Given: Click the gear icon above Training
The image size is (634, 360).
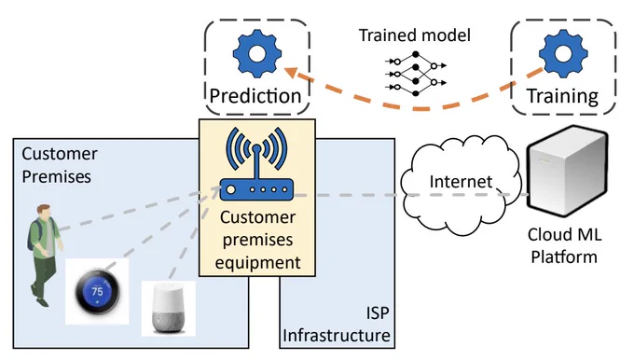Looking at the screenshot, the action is click(563, 54).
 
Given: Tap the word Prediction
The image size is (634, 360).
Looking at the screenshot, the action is click(255, 96).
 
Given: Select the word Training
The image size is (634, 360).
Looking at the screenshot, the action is click(562, 96).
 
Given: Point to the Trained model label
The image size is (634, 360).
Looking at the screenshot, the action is click(415, 35).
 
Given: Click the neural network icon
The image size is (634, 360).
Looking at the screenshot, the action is click(416, 74).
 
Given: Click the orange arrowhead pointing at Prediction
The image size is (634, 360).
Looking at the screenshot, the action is click(292, 74).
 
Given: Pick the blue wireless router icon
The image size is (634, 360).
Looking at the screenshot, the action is click(256, 164).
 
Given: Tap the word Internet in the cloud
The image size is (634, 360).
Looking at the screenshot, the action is click(461, 182).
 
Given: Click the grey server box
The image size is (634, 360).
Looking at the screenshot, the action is click(567, 171).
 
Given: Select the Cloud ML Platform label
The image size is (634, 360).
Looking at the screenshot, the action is click(564, 245).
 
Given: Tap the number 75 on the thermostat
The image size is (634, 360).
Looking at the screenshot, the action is click(97, 291).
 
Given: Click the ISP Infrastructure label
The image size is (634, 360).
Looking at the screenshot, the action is click(337, 325).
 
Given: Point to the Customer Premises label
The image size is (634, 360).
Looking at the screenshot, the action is click(60, 165).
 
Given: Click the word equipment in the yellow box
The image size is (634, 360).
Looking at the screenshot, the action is click(257, 262).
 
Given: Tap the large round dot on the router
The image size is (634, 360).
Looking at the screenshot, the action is click(231, 189).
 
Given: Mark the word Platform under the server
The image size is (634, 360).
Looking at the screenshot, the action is click(564, 256).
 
